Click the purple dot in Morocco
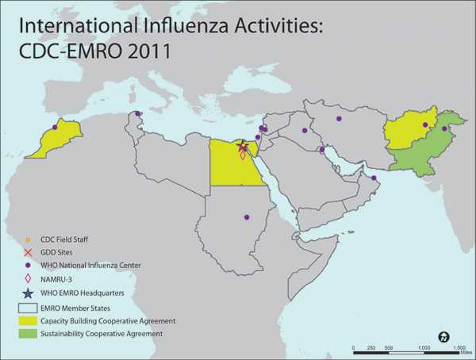pos(55,127)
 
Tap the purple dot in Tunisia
pos(138,113)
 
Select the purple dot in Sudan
pos(246,216)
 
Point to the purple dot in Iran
pos(339,119)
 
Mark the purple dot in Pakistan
pos(444,128)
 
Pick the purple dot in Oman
pos(374,178)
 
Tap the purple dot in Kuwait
pos(321,149)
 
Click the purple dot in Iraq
pos(305,130)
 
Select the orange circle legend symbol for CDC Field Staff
pos(28,239)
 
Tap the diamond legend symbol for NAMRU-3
pos(28,278)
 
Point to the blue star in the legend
pos(28,293)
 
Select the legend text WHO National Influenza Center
pos(83,266)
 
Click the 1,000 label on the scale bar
pos(423,348)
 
